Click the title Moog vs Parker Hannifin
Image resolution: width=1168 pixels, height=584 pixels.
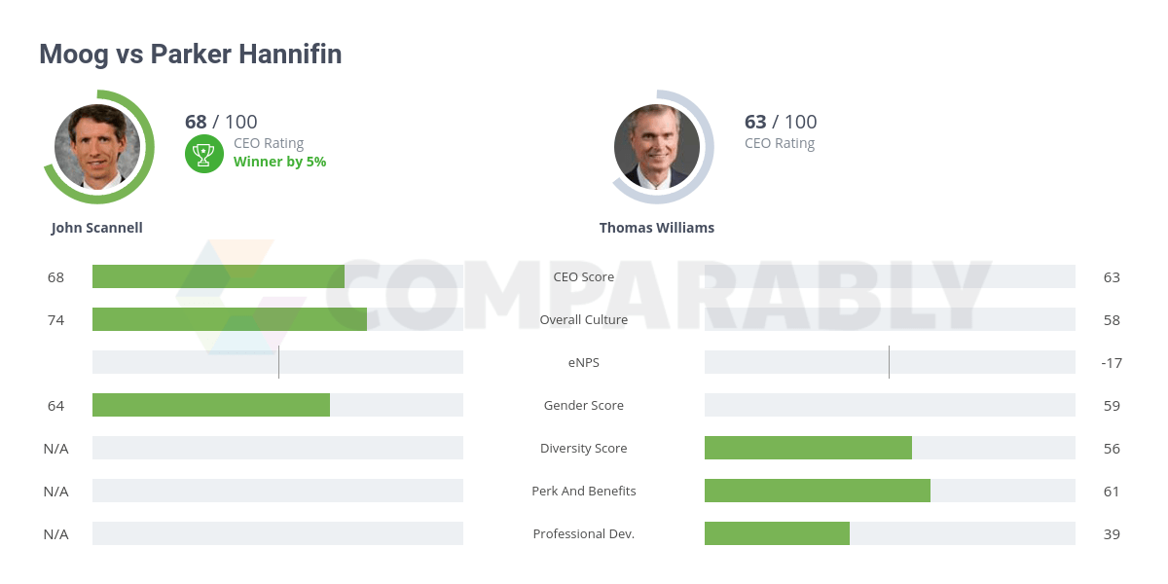190,55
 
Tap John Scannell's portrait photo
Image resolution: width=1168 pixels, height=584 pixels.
97,147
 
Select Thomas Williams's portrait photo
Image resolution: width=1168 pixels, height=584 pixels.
657,147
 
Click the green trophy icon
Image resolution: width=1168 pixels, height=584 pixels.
204,153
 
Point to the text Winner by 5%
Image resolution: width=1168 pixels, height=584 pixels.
279,162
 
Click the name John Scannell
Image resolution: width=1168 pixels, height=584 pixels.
97,228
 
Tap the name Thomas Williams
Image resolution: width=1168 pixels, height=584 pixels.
657,228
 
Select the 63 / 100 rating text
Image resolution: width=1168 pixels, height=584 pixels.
781,122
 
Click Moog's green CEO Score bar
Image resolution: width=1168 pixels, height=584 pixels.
218,276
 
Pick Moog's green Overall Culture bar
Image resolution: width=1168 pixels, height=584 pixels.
230,319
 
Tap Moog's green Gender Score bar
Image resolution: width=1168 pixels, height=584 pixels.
211,405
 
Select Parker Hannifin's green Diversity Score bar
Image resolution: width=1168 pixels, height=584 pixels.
808,448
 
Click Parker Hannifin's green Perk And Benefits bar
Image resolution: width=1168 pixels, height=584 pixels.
818,491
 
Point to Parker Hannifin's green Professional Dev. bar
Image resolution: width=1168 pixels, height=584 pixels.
777,533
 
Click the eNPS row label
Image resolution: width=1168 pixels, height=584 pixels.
584,362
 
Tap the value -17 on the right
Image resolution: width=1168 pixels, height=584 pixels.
1112,363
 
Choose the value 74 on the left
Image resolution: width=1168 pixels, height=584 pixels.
56,319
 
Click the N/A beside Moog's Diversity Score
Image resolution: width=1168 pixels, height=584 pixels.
56,448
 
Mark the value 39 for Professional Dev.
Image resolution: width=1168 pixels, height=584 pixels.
1112,534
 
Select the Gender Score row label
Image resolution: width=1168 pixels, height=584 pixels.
584,405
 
